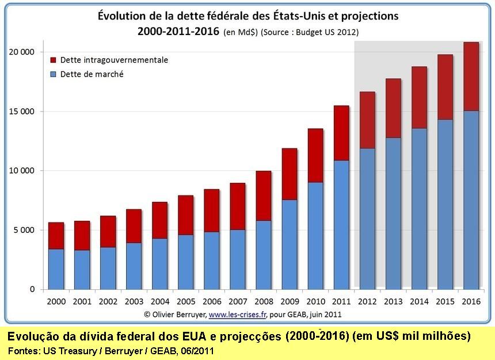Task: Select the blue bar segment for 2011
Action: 341,224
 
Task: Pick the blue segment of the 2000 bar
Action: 56,269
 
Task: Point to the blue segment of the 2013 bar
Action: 393,213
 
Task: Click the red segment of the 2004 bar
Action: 160,220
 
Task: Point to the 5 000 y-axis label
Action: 24,230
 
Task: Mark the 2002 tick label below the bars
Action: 108,301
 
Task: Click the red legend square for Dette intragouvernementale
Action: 54,60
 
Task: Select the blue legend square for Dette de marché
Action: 54,74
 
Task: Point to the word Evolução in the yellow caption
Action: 36,336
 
